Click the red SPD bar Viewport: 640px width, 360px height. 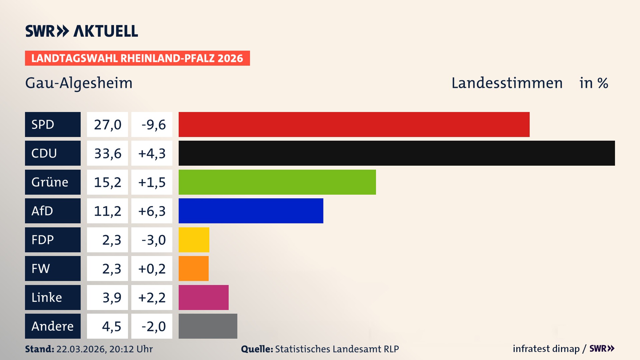(354, 124)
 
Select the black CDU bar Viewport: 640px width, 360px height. (397, 153)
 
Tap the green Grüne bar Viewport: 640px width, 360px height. (277, 182)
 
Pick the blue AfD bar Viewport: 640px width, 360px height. (251, 211)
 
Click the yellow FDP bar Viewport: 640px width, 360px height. (194, 240)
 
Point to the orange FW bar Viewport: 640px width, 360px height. (193, 268)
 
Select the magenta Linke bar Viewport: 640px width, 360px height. (203, 297)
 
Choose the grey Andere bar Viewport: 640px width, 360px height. (208, 326)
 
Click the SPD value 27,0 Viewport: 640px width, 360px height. (107, 125)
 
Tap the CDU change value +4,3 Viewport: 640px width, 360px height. (152, 153)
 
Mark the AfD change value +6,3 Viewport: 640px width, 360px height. (152, 211)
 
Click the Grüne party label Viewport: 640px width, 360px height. (50, 182)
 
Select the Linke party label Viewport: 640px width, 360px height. (47, 297)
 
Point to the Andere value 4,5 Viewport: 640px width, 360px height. (111, 326)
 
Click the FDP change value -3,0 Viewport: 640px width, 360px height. (153, 240)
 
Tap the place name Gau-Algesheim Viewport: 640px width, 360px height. (79, 83)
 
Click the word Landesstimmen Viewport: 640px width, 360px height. (507, 83)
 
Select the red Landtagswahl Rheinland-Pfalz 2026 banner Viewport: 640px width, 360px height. (137, 58)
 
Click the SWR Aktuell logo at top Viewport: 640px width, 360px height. (81, 31)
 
